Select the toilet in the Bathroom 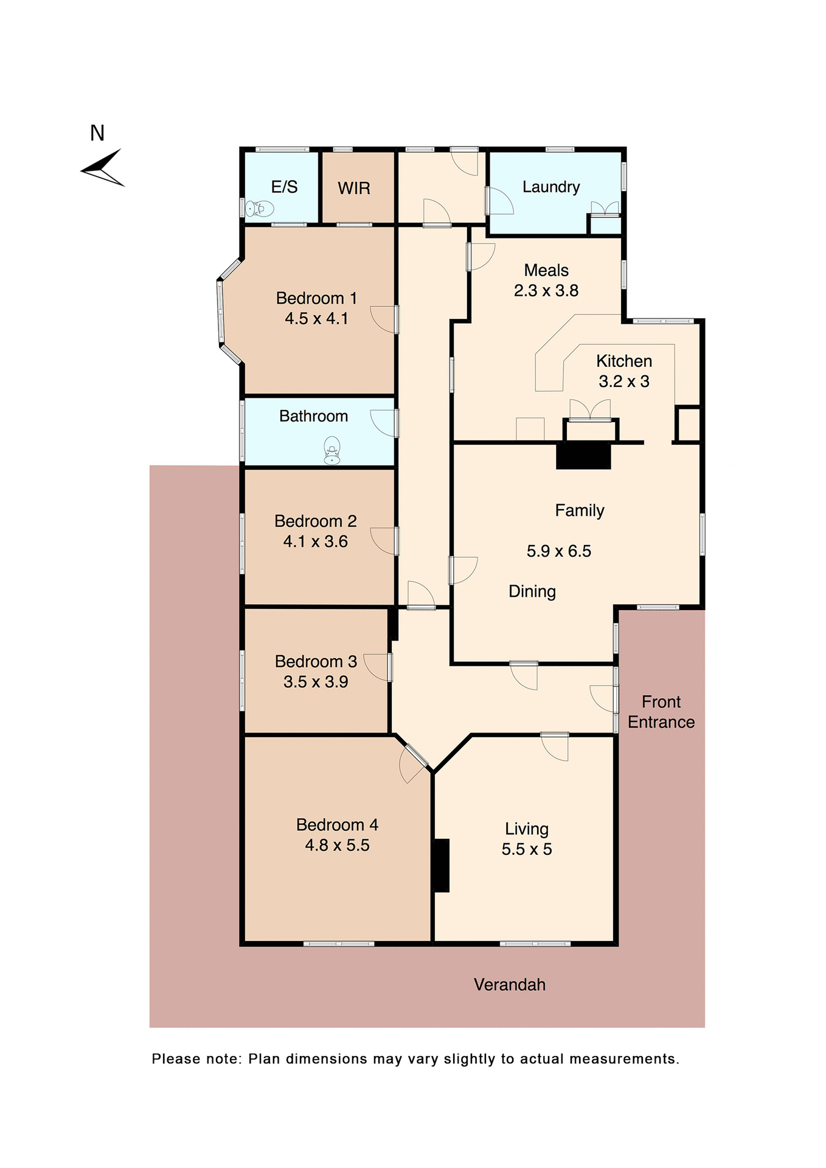[x=331, y=451]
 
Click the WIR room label [x=354, y=188]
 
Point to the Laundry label [x=551, y=187]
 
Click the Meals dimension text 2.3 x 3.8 [x=546, y=291]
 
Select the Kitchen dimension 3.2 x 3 [x=623, y=381]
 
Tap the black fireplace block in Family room [x=583, y=456]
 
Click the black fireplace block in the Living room [x=441, y=866]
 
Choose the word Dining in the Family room [x=532, y=591]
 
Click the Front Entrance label [x=661, y=712]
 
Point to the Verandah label [x=510, y=985]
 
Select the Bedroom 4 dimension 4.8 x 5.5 [x=337, y=845]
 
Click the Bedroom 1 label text [x=316, y=298]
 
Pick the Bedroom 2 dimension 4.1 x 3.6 [x=315, y=541]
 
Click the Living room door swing [x=555, y=747]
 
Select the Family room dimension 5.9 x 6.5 [x=558, y=551]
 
